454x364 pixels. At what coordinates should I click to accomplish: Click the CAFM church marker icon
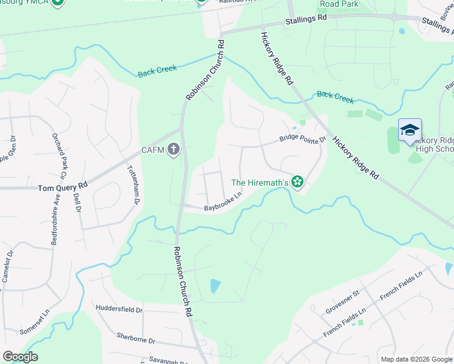[x=174, y=149]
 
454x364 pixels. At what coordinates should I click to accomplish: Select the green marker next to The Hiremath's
[x=297, y=181]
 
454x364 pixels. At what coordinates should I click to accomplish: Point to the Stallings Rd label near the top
[x=306, y=21]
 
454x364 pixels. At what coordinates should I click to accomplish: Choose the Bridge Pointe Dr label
[x=303, y=139]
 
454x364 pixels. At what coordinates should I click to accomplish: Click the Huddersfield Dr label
[x=119, y=309]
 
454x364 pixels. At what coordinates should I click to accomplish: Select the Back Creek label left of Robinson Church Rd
[x=157, y=70]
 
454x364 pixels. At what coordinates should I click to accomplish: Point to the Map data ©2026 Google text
[x=416, y=359]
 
